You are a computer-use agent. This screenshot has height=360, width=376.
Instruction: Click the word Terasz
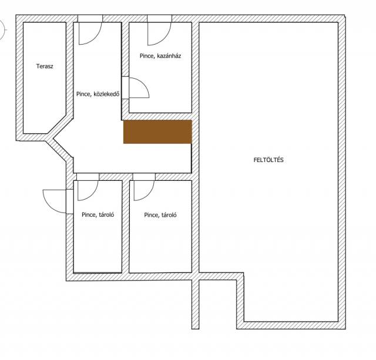[x=45, y=66]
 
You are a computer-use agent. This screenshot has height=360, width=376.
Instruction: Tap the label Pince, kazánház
[x=160, y=56]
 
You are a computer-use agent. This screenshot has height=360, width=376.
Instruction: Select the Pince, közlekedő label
[x=98, y=94]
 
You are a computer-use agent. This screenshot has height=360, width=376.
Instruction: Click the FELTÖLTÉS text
[x=268, y=160]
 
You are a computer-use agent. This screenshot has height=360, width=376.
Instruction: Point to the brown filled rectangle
[x=158, y=132]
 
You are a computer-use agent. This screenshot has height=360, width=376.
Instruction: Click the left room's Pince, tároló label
[x=98, y=214]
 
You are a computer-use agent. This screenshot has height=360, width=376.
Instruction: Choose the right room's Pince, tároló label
[x=160, y=215]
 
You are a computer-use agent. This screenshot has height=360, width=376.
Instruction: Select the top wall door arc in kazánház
[x=164, y=39]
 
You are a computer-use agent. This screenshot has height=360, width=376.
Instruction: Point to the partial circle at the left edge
[x=4, y=30]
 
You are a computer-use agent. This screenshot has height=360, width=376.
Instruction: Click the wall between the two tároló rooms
[x=125, y=227]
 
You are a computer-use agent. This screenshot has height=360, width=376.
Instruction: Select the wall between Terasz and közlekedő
[x=69, y=69]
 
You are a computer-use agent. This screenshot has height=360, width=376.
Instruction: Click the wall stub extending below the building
[x=196, y=304]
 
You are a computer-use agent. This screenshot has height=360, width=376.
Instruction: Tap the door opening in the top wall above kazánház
[x=159, y=18]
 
